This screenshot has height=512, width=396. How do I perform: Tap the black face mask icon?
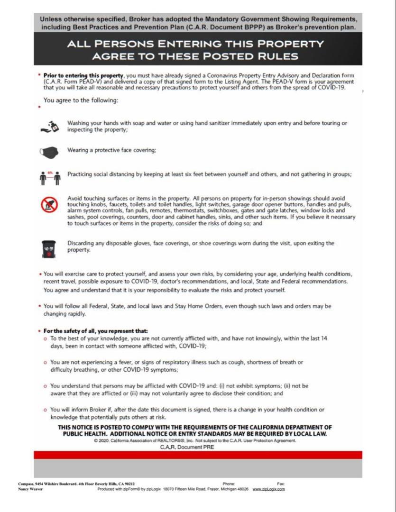click(x=49, y=152)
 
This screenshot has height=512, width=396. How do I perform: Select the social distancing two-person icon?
click(x=50, y=176)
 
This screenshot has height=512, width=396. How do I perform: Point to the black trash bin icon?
click(x=49, y=248)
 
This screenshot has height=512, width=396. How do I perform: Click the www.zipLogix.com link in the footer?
click(x=269, y=489)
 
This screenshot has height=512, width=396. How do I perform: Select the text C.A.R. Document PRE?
click(x=187, y=447)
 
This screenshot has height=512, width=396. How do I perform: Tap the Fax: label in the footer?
click(x=281, y=484)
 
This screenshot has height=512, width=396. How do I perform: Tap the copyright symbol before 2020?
click(x=96, y=440)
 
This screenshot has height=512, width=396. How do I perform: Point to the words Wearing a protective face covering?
click(x=111, y=150)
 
